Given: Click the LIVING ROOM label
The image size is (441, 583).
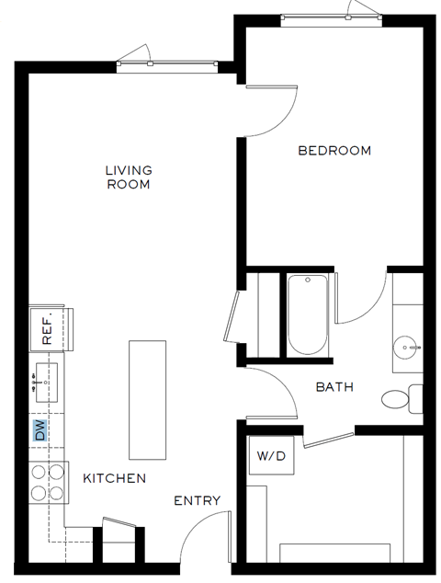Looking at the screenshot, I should click(128, 177).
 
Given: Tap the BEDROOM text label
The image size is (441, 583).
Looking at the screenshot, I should click(334, 150).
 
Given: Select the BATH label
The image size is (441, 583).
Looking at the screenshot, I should click(334, 387).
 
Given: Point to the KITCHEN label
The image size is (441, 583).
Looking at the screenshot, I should click(115, 478).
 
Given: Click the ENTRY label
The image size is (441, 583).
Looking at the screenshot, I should click(198, 500).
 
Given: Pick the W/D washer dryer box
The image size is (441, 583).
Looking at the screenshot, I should click(270, 456).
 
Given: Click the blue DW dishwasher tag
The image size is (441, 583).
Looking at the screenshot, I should click(40, 430).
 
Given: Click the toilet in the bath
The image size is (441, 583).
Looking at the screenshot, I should click(400, 399).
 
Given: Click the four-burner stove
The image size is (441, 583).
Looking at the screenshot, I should click(48, 482).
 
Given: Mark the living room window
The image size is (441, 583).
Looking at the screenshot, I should click(167, 63).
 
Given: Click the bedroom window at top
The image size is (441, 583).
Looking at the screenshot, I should click(327, 17).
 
